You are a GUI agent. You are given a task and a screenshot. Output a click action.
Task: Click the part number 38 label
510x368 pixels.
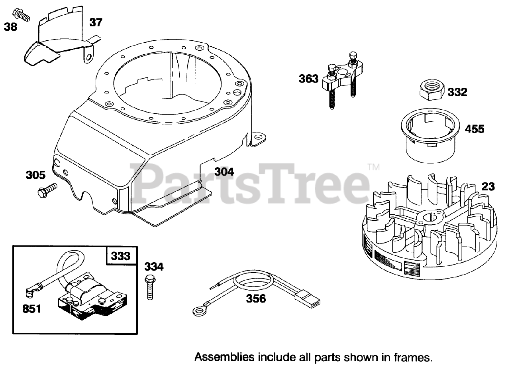(11, 28)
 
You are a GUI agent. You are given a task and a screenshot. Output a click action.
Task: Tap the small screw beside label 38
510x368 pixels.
(22, 15)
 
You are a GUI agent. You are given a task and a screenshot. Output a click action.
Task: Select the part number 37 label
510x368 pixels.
(96, 22)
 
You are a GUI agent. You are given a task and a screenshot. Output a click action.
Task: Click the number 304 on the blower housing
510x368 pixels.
(224, 172)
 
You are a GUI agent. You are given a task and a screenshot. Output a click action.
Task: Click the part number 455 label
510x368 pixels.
(475, 129)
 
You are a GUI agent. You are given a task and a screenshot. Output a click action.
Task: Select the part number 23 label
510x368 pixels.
(488, 186)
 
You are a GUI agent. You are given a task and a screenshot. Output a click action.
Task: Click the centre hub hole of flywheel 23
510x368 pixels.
(429, 217)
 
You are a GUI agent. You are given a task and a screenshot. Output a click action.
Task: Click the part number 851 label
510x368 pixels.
(31, 309)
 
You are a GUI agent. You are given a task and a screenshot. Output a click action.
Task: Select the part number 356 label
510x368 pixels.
(256, 298)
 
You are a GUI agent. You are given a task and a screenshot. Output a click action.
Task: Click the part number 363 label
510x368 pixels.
(309, 79)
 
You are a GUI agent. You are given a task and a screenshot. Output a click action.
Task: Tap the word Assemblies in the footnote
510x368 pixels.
(224, 356)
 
